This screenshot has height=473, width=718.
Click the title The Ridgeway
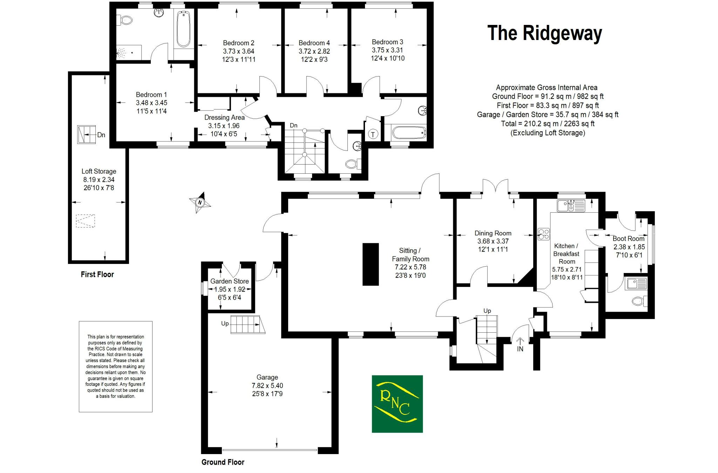[x=544, y=33]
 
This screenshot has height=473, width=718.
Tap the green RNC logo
[x=397, y=404]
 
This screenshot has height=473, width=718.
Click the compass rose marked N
[x=200, y=202]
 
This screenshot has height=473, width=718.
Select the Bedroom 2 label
[x=238, y=43]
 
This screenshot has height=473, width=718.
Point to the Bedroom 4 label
[x=314, y=43]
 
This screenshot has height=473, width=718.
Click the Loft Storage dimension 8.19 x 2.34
[x=99, y=180]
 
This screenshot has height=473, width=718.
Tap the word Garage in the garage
[x=267, y=377]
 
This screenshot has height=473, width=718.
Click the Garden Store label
[x=230, y=281]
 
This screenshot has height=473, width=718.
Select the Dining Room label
[x=493, y=233]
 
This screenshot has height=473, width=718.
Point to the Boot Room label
[x=628, y=239]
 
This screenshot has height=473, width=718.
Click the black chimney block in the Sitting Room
[x=371, y=264]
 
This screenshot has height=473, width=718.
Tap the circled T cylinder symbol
[x=373, y=134]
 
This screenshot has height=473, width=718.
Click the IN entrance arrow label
[x=520, y=349]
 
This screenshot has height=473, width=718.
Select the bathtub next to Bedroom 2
[x=183, y=29]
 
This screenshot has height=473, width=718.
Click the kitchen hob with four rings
[x=544, y=234]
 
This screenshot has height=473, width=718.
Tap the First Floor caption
[x=97, y=274]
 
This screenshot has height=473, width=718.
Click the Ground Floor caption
[x=223, y=462]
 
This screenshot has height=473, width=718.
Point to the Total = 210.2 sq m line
[x=548, y=124]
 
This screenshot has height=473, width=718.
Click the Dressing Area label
[x=224, y=118]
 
